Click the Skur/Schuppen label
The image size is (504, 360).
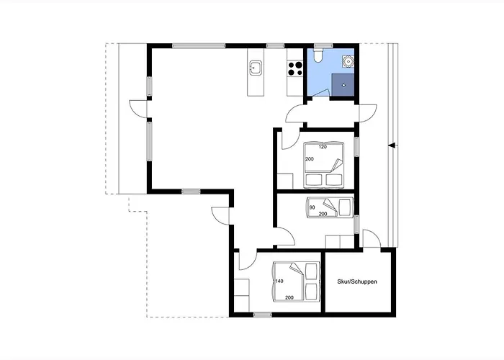click(x=357, y=282)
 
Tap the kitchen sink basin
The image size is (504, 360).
click(x=255, y=68)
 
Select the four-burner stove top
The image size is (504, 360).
click(x=295, y=68)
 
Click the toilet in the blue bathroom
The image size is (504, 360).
click(x=318, y=55)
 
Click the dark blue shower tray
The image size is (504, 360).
click(x=343, y=85)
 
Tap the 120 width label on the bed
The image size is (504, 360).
click(x=323, y=147)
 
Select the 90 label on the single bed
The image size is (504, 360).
click(x=312, y=207)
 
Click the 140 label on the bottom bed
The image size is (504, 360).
click(x=279, y=282)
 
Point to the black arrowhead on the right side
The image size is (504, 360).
click(x=392, y=145)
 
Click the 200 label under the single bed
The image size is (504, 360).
click(x=323, y=214)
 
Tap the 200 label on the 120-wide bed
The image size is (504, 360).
click(x=309, y=159)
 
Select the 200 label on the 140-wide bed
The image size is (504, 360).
click(x=289, y=297)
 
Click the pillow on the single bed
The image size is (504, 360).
click(x=346, y=207)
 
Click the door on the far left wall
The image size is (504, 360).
click(x=138, y=109)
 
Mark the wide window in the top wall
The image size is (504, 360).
click(x=198, y=45)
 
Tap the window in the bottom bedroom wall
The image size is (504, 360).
click(x=262, y=315)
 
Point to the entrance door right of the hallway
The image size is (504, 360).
click(x=368, y=112)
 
